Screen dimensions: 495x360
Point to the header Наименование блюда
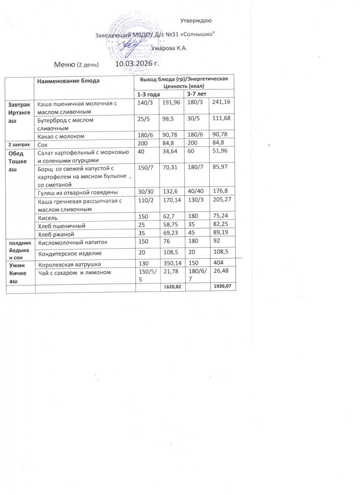pos(68,81)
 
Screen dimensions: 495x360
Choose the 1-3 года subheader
pos(149,95)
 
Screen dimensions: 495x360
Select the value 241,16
pos(221,103)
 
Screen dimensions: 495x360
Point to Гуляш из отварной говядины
pos(78,192)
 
